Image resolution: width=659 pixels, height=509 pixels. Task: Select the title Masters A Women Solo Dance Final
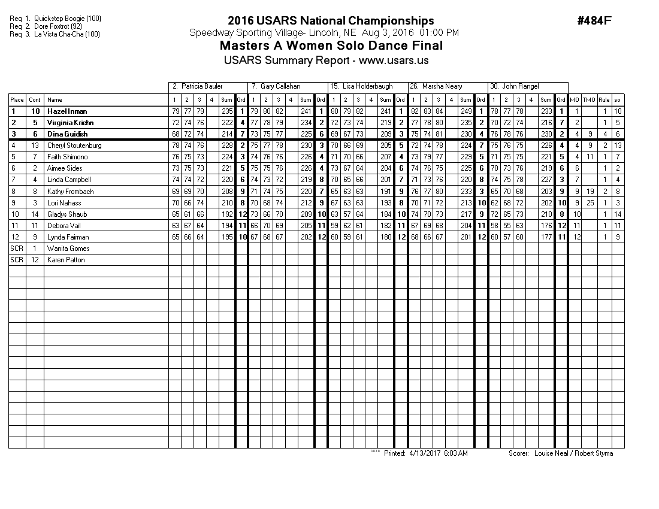331,46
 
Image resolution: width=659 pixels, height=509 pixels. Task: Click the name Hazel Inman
67,111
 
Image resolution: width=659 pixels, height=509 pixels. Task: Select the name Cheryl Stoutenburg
74,146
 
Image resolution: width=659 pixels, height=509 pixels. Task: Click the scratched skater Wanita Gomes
68,249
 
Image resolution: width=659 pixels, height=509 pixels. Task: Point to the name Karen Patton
66,260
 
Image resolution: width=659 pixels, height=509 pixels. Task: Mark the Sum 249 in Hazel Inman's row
465,111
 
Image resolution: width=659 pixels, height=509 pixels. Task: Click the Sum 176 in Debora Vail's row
545,226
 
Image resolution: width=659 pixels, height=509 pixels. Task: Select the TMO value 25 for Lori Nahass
589,203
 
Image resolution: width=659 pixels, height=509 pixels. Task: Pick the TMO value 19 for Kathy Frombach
589,192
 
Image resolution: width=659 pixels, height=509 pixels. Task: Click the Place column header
17,100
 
